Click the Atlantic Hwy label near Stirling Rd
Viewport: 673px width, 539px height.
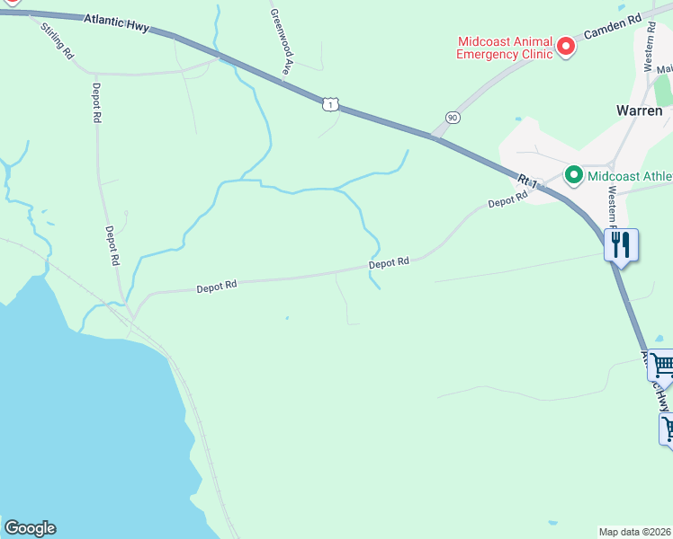116,22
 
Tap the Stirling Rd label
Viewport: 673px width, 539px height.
57,40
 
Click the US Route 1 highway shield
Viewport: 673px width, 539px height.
331,105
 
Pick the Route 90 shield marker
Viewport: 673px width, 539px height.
452,118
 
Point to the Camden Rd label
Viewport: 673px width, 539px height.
613,26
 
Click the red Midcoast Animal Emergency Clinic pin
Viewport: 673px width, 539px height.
565,45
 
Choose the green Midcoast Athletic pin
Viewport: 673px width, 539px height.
572,175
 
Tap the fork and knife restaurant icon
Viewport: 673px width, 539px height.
622,244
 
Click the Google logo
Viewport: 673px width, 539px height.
30,528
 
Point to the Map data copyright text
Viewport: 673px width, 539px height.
634,531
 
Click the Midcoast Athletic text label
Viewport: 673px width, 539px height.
629,176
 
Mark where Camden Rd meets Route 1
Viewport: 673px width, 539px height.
435,137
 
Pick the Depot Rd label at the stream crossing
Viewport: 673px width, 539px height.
389,262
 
